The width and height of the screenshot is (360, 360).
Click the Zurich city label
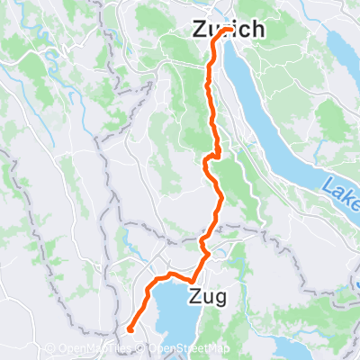coord(229,30)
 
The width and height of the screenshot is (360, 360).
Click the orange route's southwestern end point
coord(130,329)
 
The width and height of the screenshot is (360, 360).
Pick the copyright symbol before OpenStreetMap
coord(146,349)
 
